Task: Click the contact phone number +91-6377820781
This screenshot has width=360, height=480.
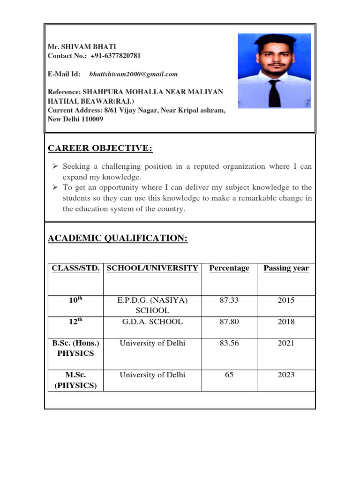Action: [x=115, y=56]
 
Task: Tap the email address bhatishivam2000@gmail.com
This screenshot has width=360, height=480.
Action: [x=134, y=74]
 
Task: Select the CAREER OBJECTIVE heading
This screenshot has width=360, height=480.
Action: [x=100, y=149]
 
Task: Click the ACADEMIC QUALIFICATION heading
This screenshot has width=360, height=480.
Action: [x=118, y=239]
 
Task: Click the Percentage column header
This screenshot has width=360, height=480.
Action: [x=229, y=268]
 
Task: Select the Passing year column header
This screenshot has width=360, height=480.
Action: [x=286, y=268]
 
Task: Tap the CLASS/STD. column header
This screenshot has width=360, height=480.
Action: [x=75, y=268]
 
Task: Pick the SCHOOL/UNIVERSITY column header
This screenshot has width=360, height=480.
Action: [x=152, y=268]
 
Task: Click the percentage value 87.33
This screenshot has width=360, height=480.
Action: [x=229, y=300]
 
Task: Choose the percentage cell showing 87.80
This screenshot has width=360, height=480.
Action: [x=229, y=322]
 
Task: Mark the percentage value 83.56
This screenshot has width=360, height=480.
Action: [x=229, y=343]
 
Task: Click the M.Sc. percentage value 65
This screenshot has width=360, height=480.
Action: [x=229, y=375]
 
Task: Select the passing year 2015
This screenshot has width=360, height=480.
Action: [x=286, y=300]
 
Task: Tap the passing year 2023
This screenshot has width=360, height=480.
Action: [x=286, y=375]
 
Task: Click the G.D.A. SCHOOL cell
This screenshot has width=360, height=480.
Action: [x=152, y=322]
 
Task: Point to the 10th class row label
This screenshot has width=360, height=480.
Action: [x=75, y=300]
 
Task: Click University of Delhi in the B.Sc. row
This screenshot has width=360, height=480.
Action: [x=152, y=343]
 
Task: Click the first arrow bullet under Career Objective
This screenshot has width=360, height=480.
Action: [x=55, y=166]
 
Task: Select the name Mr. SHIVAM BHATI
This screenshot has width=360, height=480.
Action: [x=82, y=47]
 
